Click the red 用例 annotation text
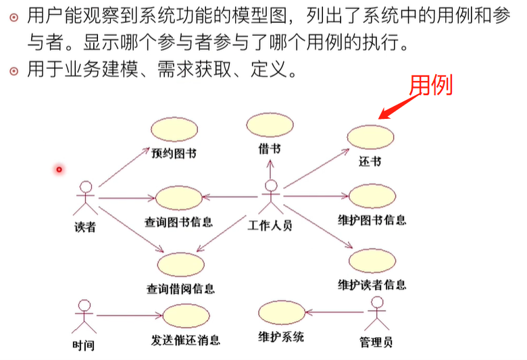point(431,84)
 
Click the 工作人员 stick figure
point(271,197)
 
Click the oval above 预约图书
point(172,130)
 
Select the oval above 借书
point(270,126)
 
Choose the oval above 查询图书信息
point(179,197)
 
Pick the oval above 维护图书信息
point(372,197)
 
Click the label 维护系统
point(281,336)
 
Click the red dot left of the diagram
point(59,169)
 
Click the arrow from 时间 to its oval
point(128,315)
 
